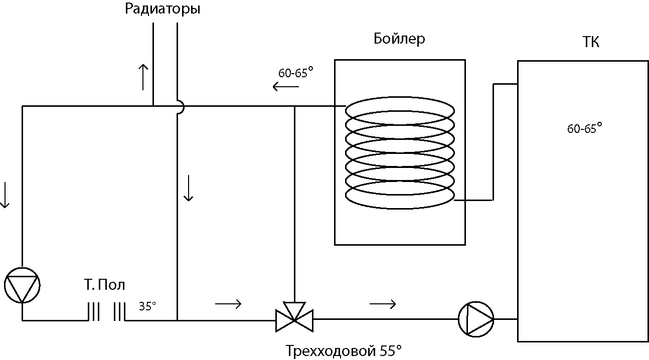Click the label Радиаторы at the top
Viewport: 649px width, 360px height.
163,9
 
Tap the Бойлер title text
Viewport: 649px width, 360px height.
399,39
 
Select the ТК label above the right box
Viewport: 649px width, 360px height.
591,42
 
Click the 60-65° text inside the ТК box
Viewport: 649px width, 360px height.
584,128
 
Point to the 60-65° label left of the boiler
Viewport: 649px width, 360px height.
296,72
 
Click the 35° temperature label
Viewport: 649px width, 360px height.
147,306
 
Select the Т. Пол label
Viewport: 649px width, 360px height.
105,285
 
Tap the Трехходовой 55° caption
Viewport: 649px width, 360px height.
344,351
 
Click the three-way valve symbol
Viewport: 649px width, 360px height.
294,317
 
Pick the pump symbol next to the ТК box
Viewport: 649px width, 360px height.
476,319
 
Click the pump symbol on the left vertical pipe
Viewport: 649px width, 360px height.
22,285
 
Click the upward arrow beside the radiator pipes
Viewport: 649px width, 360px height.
143,77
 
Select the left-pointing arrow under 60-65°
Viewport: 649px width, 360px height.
286,87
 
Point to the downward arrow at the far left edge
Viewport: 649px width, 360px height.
5,195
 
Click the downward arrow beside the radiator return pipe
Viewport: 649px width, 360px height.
189,188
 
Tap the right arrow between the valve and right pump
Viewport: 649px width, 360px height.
383,304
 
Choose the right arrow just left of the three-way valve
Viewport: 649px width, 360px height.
228,304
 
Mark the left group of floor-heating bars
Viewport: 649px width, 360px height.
94,312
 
